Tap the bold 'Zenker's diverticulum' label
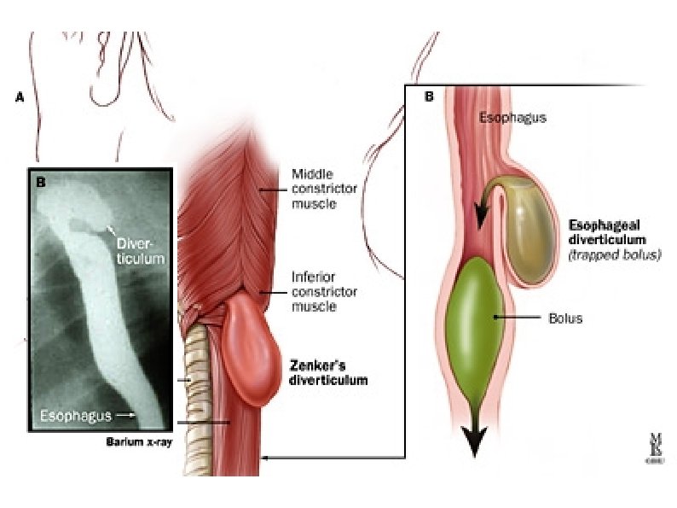[x=328, y=373]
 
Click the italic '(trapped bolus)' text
[x=619, y=254]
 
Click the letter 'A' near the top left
[x=19, y=98]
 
